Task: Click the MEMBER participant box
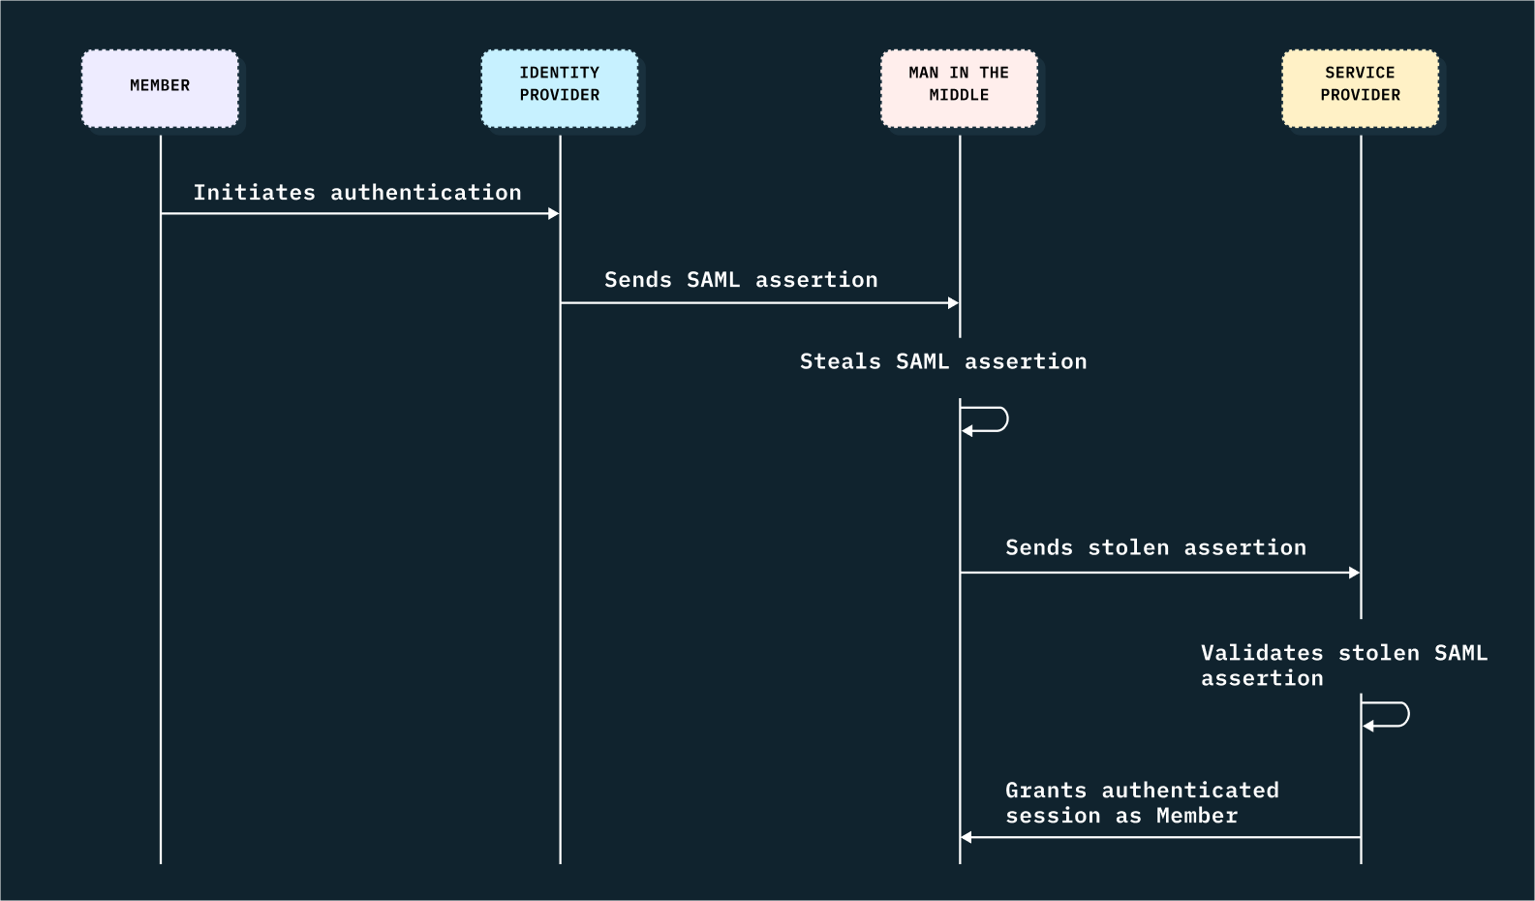pos(160,88)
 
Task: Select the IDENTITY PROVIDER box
pos(560,88)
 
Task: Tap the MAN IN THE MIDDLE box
pos(959,88)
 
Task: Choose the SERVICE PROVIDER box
pos(1360,88)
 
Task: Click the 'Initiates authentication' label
pos(357,193)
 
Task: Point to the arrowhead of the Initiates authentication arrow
pos(554,213)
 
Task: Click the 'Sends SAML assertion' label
pos(741,280)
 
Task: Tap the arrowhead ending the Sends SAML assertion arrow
pos(953,303)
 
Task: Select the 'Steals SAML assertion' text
pos(943,361)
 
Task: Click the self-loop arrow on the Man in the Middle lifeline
pos(998,419)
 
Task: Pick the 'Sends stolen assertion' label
pos(1155,547)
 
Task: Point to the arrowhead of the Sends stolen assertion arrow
pos(1354,573)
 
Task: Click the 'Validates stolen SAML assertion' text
pos(1343,666)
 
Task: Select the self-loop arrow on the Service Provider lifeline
pos(1398,715)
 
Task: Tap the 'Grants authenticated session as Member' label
pos(1142,803)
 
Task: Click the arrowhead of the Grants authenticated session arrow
pos(967,837)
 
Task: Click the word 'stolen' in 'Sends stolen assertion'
pos(1128,547)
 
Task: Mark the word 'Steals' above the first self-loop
pos(841,361)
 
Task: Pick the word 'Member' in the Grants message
pos(1197,816)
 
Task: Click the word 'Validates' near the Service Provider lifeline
pos(1262,653)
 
